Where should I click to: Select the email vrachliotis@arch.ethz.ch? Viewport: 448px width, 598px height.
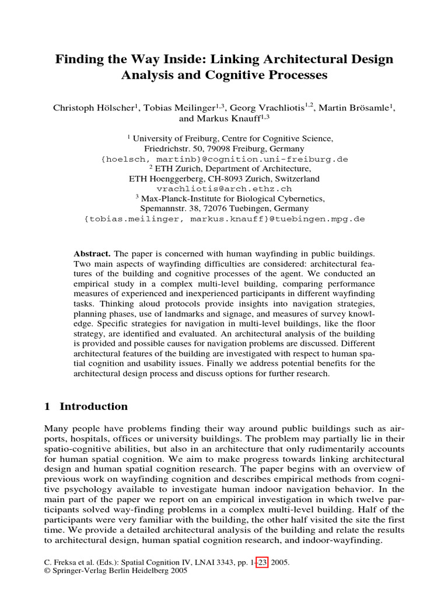click(x=224, y=189)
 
